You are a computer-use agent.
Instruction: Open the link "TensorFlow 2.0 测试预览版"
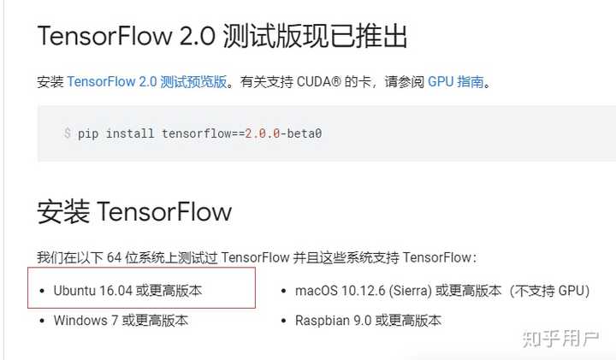[x=147, y=82]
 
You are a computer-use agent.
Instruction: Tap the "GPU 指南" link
[x=455, y=82]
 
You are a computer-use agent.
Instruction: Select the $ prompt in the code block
[x=68, y=133]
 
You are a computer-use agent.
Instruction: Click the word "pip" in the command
[x=88, y=133]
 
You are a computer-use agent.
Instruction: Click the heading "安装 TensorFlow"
[x=134, y=210]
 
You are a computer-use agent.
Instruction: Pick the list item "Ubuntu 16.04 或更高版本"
[x=127, y=291]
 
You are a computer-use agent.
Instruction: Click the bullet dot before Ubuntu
[x=42, y=291]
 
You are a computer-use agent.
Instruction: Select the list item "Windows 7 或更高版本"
[x=121, y=321]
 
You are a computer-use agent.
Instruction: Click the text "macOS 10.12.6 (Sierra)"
[x=364, y=291]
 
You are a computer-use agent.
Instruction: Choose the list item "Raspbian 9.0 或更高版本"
[x=368, y=321]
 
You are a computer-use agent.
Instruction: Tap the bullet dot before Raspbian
[x=284, y=321]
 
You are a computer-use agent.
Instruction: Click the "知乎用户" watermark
[x=560, y=339]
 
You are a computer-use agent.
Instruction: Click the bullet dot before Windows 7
[x=42, y=321]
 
